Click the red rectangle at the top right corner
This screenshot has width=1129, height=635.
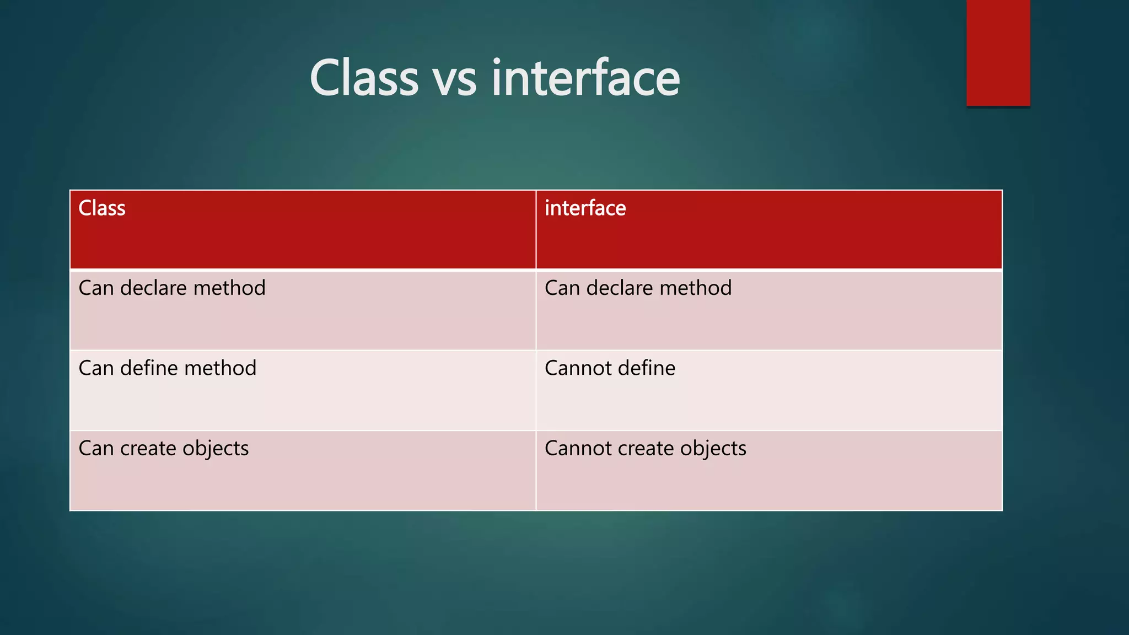click(998, 53)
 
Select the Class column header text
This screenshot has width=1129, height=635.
click(102, 208)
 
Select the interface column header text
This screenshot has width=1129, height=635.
click(585, 208)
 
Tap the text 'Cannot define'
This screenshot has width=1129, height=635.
click(610, 368)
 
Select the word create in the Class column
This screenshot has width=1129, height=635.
click(148, 449)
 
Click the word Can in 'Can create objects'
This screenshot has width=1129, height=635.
click(96, 448)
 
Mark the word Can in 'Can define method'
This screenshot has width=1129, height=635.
click(96, 368)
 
